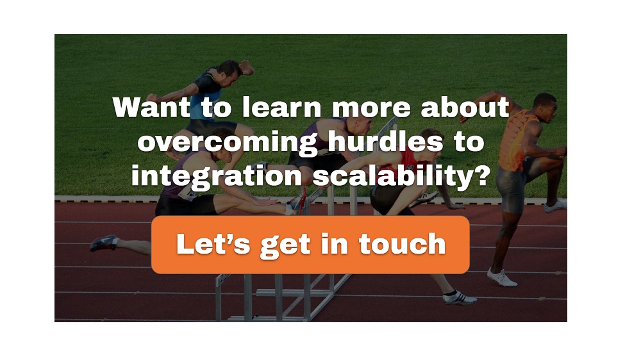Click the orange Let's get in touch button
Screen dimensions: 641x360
[x=310, y=245]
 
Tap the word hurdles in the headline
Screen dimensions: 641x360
[x=385, y=142]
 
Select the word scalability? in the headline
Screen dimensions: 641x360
[x=401, y=176]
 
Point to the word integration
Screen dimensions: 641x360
[x=217, y=176]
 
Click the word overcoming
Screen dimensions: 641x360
[x=228, y=143]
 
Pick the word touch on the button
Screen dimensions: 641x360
[x=403, y=244]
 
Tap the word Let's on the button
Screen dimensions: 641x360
[x=213, y=244]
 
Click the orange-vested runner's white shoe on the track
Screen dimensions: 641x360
[x=502, y=277]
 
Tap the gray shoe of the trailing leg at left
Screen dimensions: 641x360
[x=104, y=243]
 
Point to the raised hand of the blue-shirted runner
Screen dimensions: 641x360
[x=247, y=67]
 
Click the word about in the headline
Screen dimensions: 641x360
[x=465, y=107]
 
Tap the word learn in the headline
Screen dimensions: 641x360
[x=281, y=107]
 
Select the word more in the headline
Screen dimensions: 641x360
[x=371, y=108]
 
